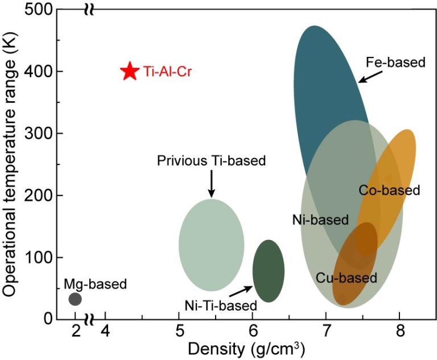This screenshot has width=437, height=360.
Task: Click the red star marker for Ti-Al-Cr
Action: tap(130, 71)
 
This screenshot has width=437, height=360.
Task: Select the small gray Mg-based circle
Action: tap(75, 299)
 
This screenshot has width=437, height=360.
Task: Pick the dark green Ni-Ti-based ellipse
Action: tap(268, 271)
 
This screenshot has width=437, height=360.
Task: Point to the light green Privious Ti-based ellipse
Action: tap(211, 245)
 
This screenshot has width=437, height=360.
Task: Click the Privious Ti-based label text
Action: tap(211, 161)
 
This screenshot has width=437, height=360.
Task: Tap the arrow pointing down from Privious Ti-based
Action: tap(211, 183)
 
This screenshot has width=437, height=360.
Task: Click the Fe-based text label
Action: tap(395, 62)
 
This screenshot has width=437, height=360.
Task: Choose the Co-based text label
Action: tap(389, 190)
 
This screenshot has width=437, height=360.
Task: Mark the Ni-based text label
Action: tap(320, 220)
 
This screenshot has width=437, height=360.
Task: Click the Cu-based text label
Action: tap(347, 278)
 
